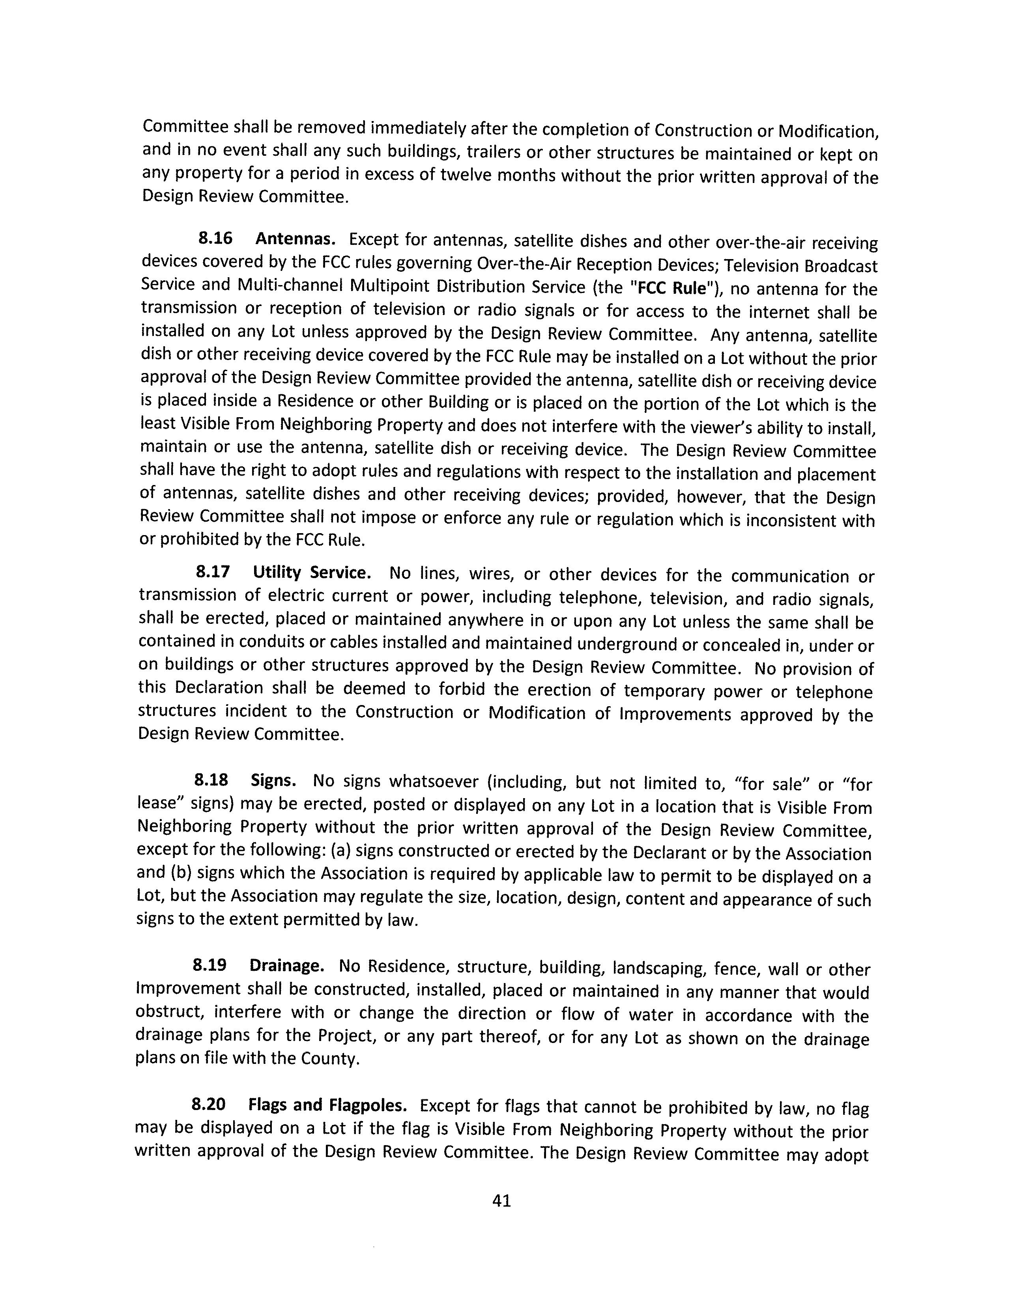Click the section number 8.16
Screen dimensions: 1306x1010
tap(215, 239)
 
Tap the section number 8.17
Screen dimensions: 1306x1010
tap(212, 572)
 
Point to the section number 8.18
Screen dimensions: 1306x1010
tap(211, 780)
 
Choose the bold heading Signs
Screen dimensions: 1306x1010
tap(273, 780)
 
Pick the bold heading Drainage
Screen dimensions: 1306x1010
tap(286, 966)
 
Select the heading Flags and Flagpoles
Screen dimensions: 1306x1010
tap(328, 1105)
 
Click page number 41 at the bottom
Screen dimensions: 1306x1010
tap(501, 1200)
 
